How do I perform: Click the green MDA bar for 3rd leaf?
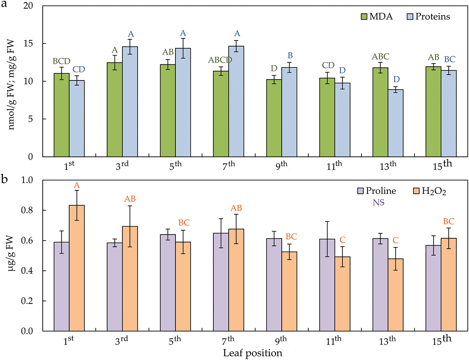(115, 110)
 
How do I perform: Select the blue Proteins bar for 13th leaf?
(396, 123)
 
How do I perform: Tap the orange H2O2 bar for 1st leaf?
(77, 268)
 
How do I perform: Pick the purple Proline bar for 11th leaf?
(327, 285)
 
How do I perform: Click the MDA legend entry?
(377, 17)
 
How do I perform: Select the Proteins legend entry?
(429, 17)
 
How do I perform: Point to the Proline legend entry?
(377, 191)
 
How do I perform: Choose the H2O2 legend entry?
(430, 191)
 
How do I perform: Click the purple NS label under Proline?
(379, 203)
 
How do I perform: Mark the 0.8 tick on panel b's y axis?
(27, 210)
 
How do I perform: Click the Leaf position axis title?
(253, 353)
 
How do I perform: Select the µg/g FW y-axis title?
(12, 253)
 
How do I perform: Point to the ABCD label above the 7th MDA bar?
(220, 60)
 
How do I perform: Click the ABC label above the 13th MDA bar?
(380, 57)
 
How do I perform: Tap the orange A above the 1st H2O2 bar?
(77, 186)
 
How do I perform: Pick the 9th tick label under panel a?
(281, 166)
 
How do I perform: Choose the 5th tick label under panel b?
(175, 340)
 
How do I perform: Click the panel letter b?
(4, 180)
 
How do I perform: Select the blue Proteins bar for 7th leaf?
(236, 101)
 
